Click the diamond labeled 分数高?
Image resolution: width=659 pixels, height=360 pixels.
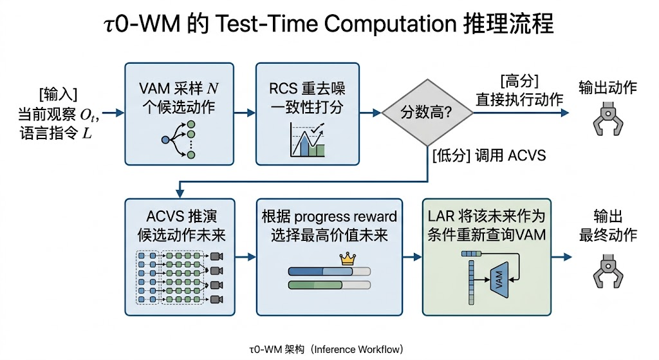[427, 113]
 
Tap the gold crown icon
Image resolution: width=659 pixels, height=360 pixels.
[348, 259]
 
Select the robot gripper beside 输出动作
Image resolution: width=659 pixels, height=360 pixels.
[608, 118]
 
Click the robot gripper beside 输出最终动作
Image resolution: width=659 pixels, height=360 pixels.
[608, 270]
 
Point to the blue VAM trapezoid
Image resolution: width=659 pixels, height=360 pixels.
[499, 279]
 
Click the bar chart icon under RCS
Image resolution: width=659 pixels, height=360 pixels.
[307, 140]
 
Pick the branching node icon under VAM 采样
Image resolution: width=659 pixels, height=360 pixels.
[179, 140]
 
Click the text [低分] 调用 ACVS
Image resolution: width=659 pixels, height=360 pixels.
[489, 156]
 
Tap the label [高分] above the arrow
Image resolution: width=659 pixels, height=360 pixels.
[519, 81]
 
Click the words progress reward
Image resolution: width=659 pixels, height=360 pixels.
[346, 216]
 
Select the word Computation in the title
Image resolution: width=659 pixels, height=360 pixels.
[391, 23]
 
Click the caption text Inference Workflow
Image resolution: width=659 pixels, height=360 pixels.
[357, 350]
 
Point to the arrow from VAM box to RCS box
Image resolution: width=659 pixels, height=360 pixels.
[245, 113]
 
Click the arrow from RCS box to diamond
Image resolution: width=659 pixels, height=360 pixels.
[370, 113]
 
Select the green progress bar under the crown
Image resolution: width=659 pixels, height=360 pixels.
[329, 285]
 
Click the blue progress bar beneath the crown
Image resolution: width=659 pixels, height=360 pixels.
[329, 271]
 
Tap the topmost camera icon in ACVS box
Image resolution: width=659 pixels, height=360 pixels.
[216, 256]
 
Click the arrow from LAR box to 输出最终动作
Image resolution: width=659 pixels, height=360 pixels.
[561, 257]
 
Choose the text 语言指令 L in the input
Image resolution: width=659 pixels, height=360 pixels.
[55, 133]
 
